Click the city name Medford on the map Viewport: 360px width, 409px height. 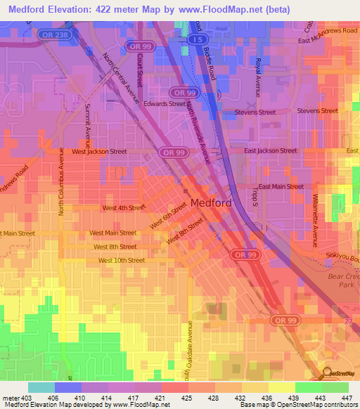click(x=211, y=203)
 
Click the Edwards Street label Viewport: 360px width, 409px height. click(x=165, y=103)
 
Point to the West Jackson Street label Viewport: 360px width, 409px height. click(x=99, y=151)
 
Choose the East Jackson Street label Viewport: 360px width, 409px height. click(x=270, y=150)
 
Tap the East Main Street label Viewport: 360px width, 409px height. click(x=281, y=186)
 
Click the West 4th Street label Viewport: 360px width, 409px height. click(x=124, y=207)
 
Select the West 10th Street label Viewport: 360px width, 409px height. click(x=121, y=260)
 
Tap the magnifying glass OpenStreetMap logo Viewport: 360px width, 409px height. click(x=326, y=375)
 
